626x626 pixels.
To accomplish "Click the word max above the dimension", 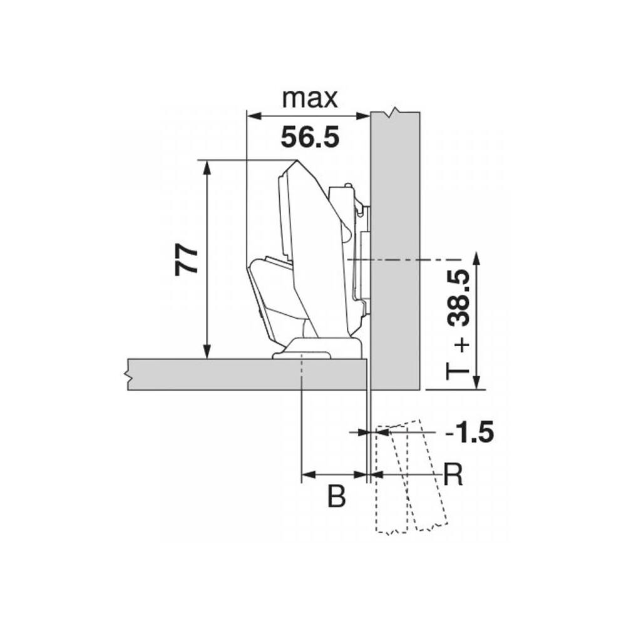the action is [x=310, y=99].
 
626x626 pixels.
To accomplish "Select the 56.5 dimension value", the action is [x=310, y=137].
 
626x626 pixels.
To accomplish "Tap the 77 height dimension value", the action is [x=187, y=260].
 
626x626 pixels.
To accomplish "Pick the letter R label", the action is [x=453, y=475].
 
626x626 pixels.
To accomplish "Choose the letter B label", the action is [x=336, y=496].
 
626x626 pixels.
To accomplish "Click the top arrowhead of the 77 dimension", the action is [x=207, y=168].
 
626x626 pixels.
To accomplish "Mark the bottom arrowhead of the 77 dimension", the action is [x=207, y=351].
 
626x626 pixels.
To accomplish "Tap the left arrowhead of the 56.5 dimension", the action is [x=254, y=116].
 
